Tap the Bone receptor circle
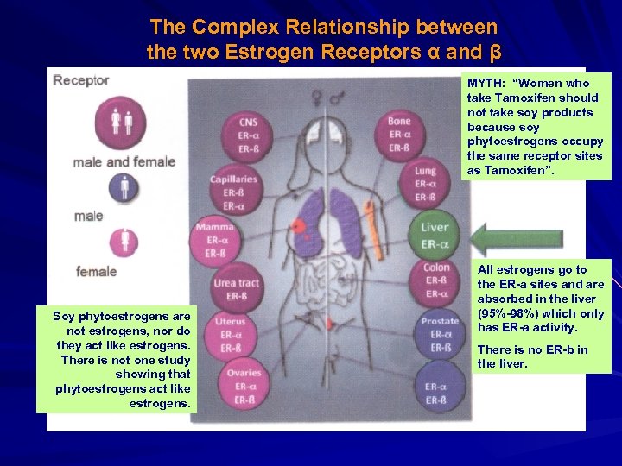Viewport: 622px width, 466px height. coord(399,134)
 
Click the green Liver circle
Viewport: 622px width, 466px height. coord(435,235)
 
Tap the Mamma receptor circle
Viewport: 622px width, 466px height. coord(213,239)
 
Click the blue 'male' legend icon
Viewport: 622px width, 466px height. coord(124,186)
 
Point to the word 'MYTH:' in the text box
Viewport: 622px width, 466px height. coord(487,83)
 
